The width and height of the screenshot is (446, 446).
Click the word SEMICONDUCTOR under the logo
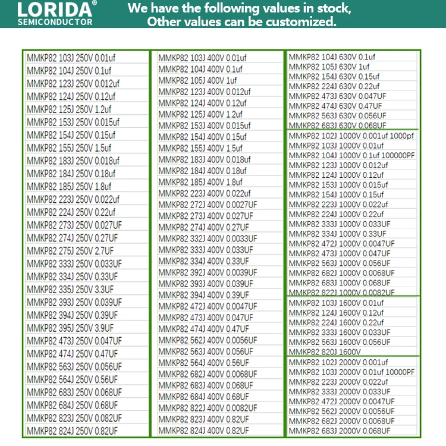55,23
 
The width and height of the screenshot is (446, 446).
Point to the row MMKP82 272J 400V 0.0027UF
208,205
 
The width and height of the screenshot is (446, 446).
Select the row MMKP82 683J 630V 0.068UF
337,125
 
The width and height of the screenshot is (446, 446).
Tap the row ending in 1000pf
351,136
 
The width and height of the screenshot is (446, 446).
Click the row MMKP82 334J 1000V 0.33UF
337,234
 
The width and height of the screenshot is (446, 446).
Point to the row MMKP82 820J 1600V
325,351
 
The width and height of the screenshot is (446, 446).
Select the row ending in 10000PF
351,372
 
